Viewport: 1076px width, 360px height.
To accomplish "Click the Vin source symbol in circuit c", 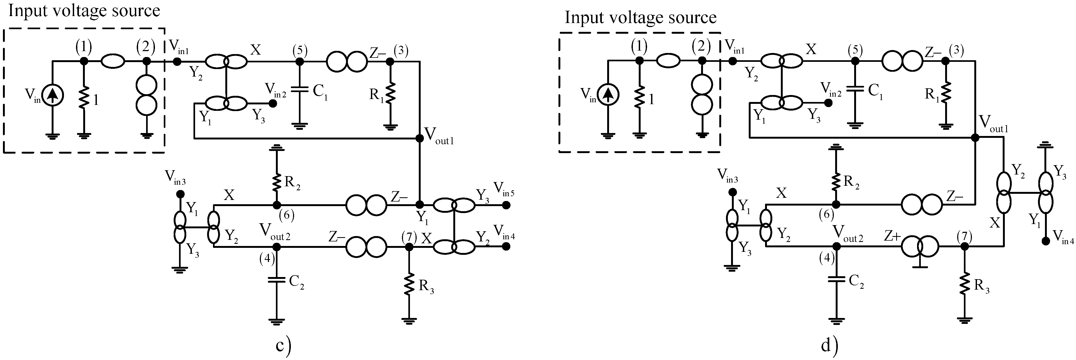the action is click(53, 95).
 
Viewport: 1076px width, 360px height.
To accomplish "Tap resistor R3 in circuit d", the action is click(964, 285).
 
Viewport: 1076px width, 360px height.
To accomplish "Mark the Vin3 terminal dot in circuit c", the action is click(180, 194).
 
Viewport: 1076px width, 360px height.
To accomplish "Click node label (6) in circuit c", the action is click(287, 215).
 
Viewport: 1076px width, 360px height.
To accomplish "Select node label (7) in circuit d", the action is click(964, 236).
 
